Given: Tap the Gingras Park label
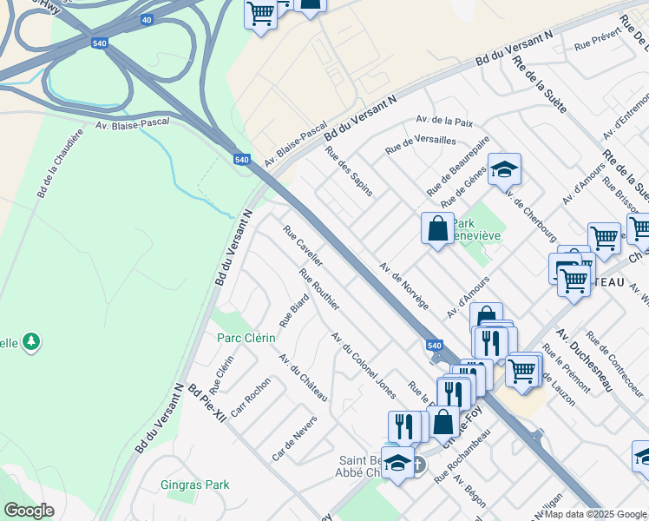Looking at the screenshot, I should (195, 485).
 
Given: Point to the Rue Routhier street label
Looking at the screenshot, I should (318, 289).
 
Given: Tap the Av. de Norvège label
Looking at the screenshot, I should (404, 286).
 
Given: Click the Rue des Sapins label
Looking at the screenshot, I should (349, 170).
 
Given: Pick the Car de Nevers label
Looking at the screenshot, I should (294, 438).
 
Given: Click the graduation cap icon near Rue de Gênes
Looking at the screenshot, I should (504, 169).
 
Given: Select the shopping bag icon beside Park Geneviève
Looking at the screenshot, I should (437, 229).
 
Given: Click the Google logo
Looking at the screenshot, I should (29, 511).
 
